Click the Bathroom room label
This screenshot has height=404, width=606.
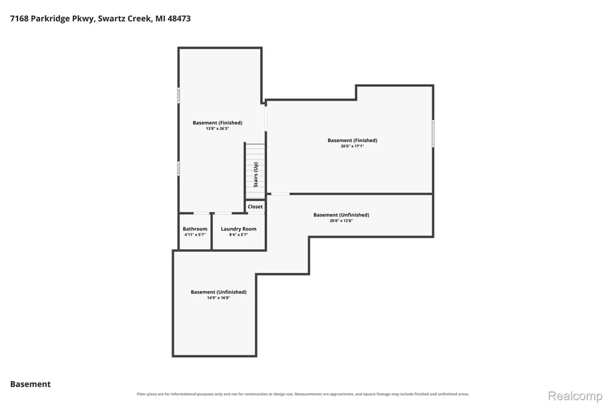pyautogui.click(x=195, y=229)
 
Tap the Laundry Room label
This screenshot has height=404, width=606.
pyautogui.click(x=238, y=229)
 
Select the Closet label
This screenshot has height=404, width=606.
pyautogui.click(x=255, y=207)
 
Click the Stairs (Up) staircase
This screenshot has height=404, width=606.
pyautogui.click(x=256, y=171)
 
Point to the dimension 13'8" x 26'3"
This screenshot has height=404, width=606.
pyautogui.click(x=218, y=129)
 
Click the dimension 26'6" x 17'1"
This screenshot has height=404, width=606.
pyautogui.click(x=352, y=146)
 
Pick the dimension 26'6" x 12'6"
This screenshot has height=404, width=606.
pyautogui.click(x=341, y=221)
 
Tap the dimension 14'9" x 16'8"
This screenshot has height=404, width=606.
pyautogui.click(x=218, y=298)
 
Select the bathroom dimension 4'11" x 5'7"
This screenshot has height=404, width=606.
pyautogui.click(x=195, y=235)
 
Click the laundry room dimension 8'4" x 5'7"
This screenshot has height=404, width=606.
pyautogui.click(x=238, y=235)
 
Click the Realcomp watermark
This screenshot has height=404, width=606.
pyautogui.click(x=575, y=396)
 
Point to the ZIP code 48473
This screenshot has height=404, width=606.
pyautogui.click(x=179, y=19)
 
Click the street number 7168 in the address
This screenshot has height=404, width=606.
pyautogui.click(x=19, y=19)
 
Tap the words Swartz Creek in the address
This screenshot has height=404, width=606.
pyautogui.click(x=124, y=19)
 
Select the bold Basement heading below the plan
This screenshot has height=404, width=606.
pyautogui.click(x=30, y=384)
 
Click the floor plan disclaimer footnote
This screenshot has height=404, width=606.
pyautogui.click(x=303, y=394)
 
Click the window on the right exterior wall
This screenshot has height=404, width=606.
pyautogui.click(x=433, y=133)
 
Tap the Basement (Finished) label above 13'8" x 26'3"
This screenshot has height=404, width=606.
pyautogui.click(x=218, y=123)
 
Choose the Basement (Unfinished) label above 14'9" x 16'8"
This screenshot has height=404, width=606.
pyautogui.click(x=218, y=292)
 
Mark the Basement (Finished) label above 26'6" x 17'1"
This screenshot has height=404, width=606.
pyautogui.click(x=352, y=141)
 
